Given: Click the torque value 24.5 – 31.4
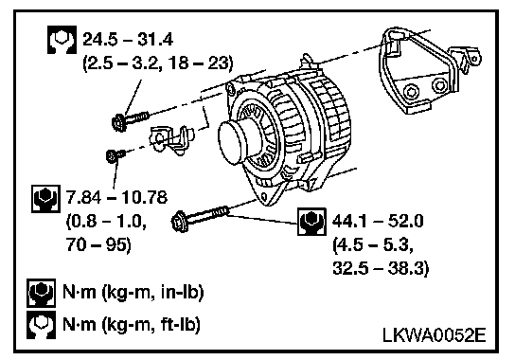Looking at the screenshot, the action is point(128,40).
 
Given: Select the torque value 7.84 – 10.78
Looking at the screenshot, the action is point(117,198).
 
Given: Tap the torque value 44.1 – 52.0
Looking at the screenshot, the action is point(378,221).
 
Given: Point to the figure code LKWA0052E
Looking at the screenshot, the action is point(434,335).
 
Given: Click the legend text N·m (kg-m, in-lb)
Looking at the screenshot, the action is point(133,292).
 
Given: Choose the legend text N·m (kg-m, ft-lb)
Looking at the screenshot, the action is point(132,325).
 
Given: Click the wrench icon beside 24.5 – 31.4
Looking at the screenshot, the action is point(62,40).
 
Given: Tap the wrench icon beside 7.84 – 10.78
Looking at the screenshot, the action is point(46,199).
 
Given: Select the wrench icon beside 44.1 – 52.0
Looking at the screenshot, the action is point(311,222).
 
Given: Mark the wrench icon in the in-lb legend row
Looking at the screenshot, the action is point(41,293).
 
